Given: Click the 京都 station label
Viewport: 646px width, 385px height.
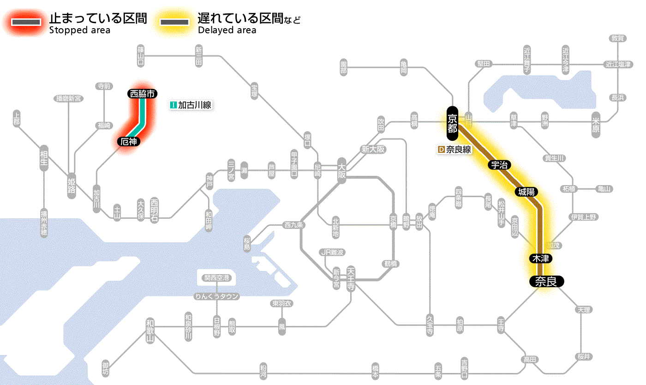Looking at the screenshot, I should (452, 123).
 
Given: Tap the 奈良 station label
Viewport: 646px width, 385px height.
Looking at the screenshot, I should (546, 281).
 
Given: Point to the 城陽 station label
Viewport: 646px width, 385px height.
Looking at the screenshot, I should (526, 192).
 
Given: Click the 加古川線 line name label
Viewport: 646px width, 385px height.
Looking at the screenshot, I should (194, 105).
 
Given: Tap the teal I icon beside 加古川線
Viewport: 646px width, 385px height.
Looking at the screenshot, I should (173, 105).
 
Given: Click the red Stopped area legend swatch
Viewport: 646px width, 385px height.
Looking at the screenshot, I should (26, 22).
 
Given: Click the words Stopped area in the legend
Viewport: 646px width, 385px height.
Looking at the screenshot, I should (79, 30).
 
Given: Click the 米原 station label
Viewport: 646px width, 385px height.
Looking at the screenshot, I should (597, 125).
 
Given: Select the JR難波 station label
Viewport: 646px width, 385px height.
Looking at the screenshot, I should (332, 252).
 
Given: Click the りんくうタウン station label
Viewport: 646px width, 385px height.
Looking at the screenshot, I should (217, 296).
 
